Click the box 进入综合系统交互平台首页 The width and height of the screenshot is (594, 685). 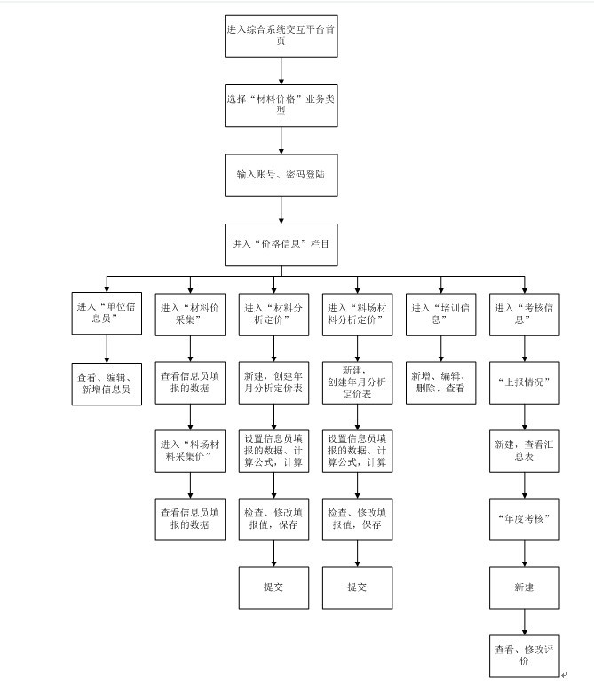281,35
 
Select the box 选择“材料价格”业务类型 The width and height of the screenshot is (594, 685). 281,106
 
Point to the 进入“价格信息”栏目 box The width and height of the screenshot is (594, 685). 281,243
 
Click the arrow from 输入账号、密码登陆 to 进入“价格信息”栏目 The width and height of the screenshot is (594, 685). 281,209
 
